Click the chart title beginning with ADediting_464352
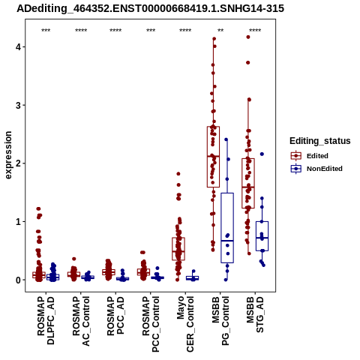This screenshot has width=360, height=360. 150,8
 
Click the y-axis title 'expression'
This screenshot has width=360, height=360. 8,155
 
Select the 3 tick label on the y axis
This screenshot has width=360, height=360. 19,105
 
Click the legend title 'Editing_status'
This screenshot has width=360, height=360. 320,141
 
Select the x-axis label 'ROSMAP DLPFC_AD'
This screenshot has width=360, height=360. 46,320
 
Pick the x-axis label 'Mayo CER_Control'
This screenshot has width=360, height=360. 185,324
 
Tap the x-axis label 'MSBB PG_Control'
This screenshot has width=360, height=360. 220,321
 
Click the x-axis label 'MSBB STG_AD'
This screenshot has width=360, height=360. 255,314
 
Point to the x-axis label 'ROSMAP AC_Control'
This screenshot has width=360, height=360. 81,321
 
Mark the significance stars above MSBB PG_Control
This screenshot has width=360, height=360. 220,31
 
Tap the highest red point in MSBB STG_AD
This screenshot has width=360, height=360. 248,37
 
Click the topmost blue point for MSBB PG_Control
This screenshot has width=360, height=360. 226,139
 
